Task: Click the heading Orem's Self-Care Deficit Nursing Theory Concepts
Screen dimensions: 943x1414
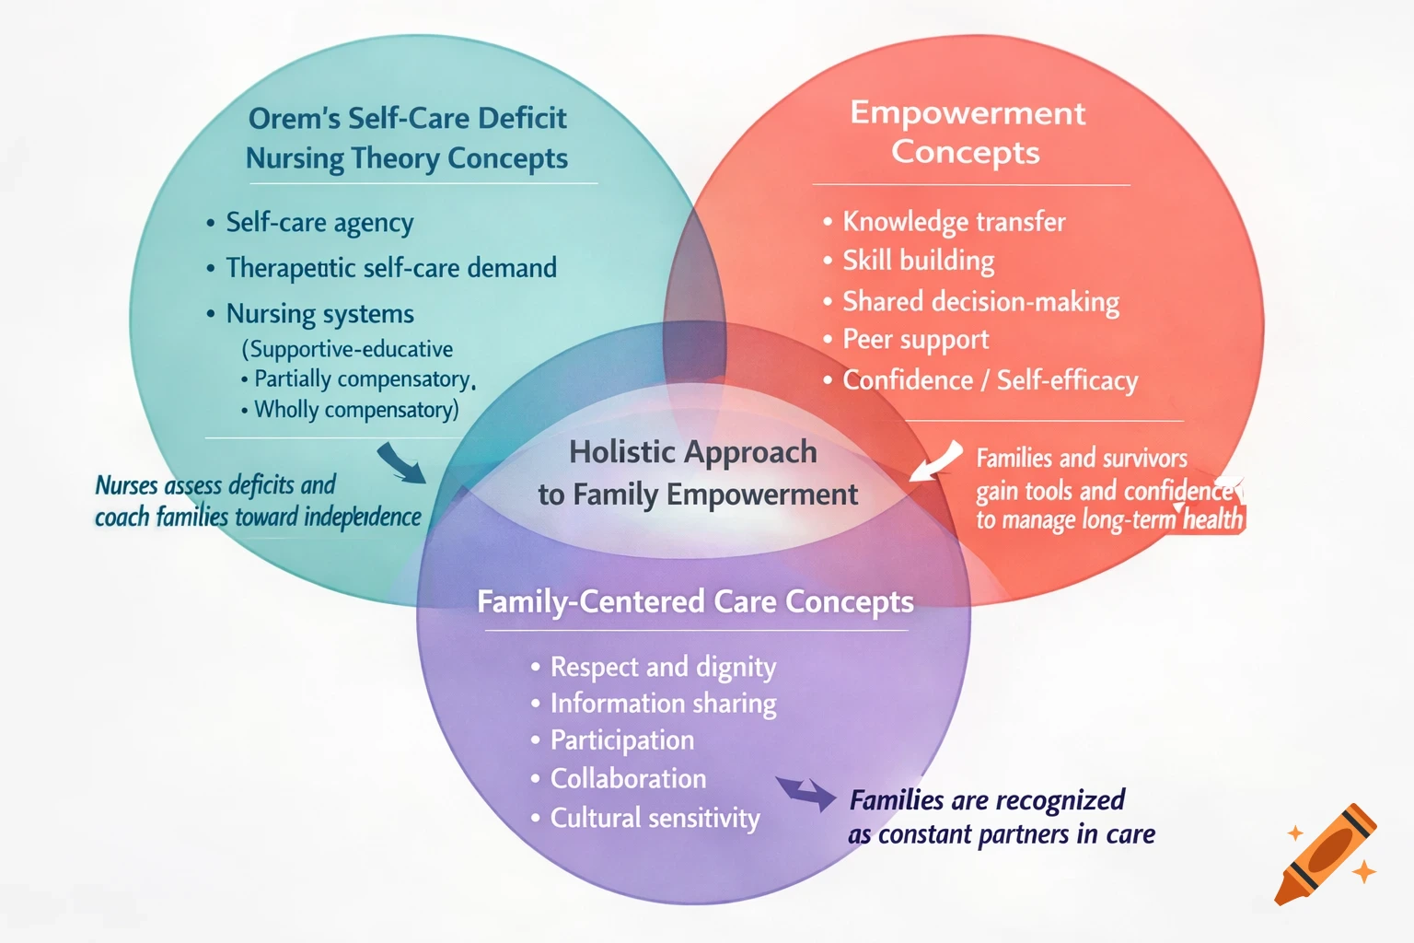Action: coord(407,138)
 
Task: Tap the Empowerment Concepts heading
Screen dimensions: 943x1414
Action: coord(967,132)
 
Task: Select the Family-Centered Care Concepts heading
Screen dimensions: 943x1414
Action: coord(695,601)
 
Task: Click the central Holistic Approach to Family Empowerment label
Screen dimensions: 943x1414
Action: coord(697,472)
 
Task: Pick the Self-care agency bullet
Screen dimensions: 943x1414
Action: coord(319,223)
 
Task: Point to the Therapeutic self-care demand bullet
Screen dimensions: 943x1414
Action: coord(391,268)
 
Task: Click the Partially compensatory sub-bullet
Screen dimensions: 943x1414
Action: coord(362,379)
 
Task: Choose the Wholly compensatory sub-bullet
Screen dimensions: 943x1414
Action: coord(355,410)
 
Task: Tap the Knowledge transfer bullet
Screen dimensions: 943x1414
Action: coord(954,222)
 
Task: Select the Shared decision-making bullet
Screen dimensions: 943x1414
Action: coord(980,302)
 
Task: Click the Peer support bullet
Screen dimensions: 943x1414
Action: coord(915,340)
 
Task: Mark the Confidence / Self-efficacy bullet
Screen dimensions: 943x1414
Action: coord(990,380)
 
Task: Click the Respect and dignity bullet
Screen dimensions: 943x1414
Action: coord(663,667)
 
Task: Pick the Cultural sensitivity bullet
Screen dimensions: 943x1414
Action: coord(655,818)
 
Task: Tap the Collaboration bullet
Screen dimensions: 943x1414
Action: coord(628,779)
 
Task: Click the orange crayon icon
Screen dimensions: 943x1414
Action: coord(1326,855)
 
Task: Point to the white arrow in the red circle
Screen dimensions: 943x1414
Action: coord(936,460)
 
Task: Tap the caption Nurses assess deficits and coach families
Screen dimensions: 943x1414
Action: coord(258,501)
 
